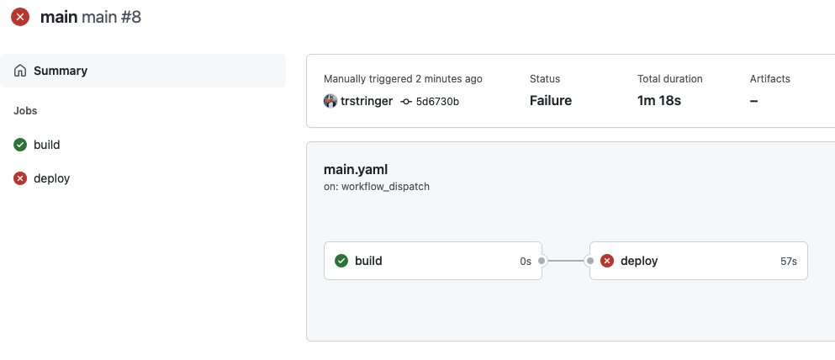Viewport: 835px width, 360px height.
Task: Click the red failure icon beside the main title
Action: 19,17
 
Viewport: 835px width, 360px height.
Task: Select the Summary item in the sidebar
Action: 60,71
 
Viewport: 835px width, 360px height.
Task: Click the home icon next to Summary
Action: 20,71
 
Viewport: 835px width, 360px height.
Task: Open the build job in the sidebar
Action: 46,145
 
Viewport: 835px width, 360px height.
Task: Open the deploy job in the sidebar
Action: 51,178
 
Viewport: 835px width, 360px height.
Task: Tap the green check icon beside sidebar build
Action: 20,145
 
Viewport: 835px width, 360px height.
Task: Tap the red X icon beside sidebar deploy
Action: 20,178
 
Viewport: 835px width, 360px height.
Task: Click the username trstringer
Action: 367,101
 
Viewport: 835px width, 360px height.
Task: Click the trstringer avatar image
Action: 330,101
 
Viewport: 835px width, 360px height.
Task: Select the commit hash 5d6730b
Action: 436,101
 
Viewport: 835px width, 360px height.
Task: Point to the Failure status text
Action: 550,101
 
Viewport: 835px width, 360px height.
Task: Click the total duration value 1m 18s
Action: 658,101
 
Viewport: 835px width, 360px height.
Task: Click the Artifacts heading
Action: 769,79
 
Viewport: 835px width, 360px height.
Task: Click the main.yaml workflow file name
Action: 355,169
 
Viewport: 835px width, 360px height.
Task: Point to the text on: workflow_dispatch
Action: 376,187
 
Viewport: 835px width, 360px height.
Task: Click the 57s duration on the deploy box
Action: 788,262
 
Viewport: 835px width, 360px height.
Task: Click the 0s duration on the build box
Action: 525,262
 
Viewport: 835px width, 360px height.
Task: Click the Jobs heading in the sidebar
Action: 25,110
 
